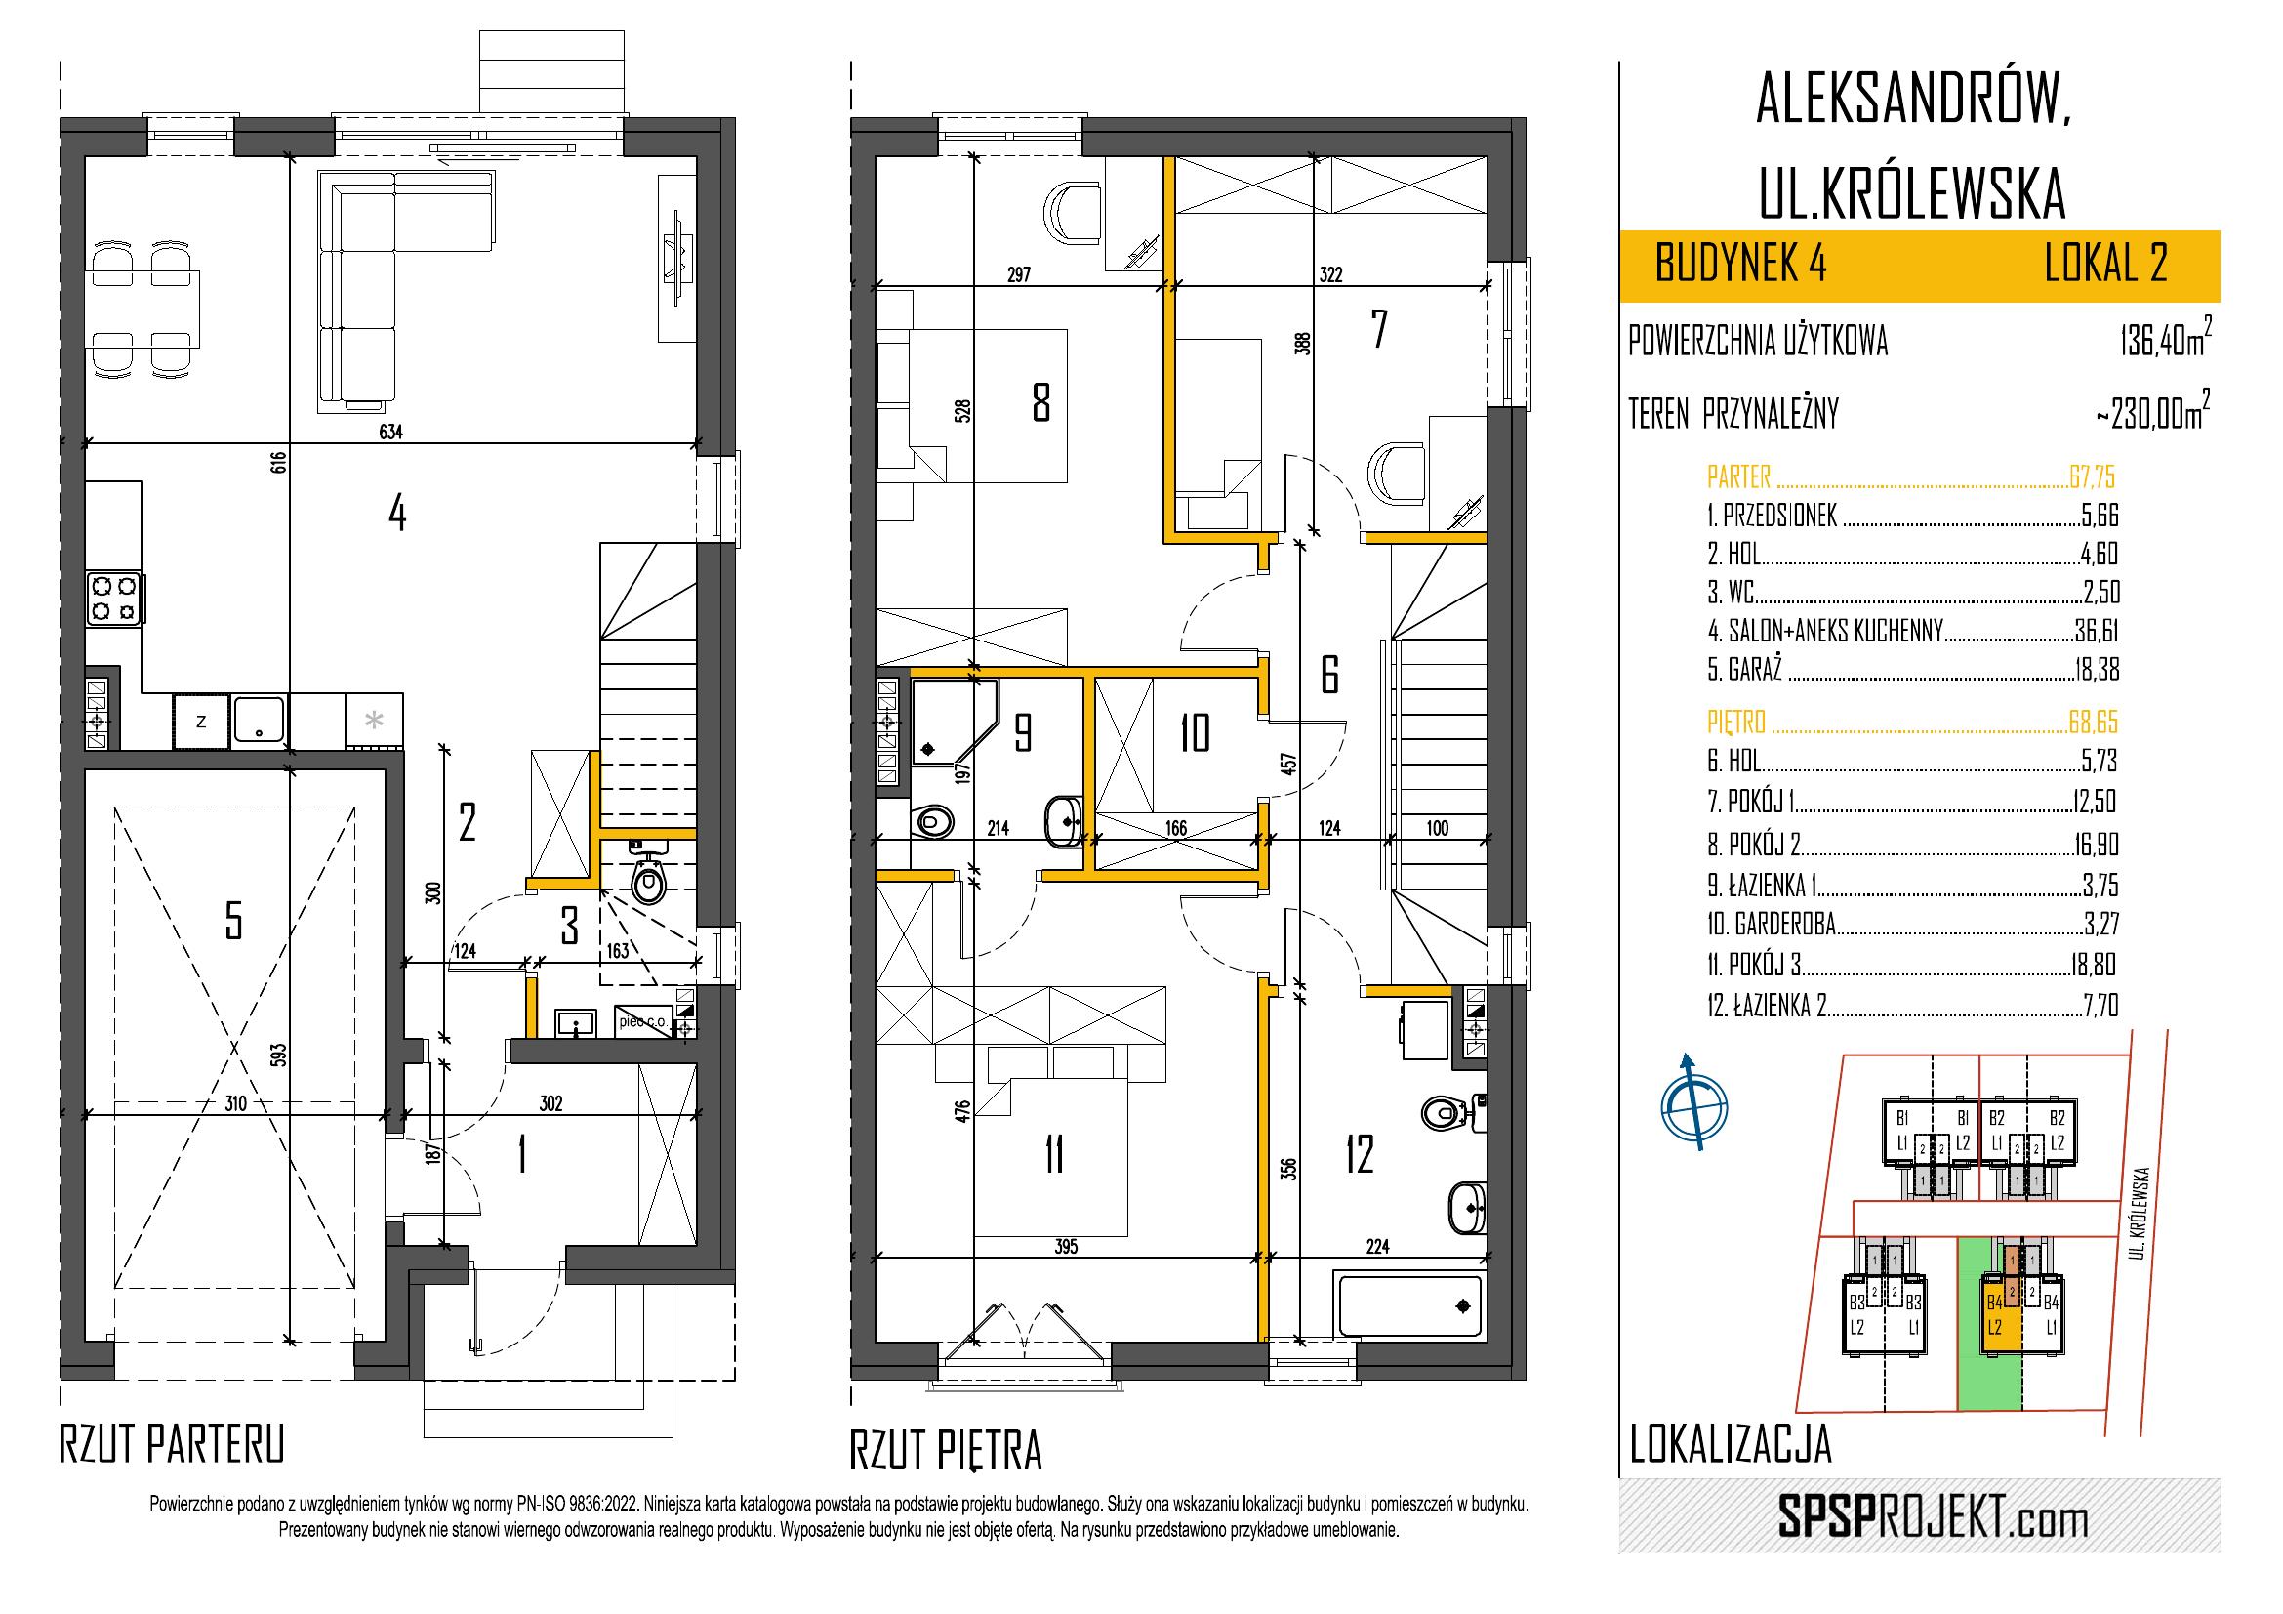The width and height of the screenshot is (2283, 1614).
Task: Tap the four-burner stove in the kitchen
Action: click(113, 599)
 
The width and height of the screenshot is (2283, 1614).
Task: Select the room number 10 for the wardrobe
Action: click(1194, 734)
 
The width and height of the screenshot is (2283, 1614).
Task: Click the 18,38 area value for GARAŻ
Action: click(2096, 670)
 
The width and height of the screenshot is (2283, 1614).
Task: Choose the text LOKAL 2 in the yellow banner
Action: click(2105, 266)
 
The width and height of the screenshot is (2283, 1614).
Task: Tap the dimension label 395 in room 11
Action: click(1065, 1246)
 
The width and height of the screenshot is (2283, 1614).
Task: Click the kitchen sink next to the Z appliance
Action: click(259, 720)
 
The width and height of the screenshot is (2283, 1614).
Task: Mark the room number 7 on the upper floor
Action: click(1378, 330)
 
